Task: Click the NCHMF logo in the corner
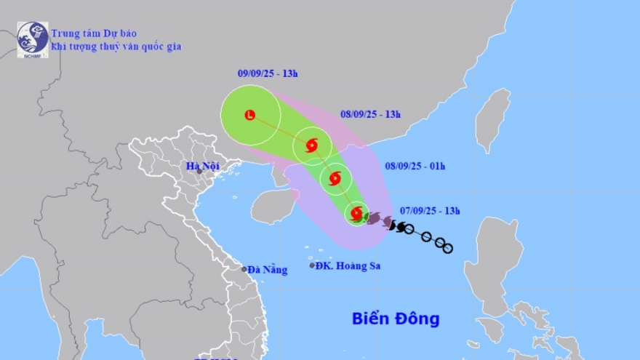click(x=33, y=39)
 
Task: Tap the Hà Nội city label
click(x=203, y=167)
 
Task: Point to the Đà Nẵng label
click(x=268, y=270)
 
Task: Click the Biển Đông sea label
click(x=396, y=319)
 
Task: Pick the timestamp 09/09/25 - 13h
click(x=268, y=73)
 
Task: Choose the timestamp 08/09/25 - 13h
click(x=370, y=114)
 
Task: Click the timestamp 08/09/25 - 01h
click(x=415, y=166)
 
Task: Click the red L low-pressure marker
click(x=250, y=115)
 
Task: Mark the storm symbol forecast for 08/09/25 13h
click(x=311, y=145)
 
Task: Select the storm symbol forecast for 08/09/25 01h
click(x=335, y=177)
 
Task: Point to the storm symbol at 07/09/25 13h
click(x=356, y=213)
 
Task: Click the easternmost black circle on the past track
click(x=448, y=249)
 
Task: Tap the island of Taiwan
click(x=492, y=121)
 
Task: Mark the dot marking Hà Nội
click(x=199, y=171)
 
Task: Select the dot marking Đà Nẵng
click(x=244, y=269)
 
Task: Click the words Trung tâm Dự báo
click(x=94, y=33)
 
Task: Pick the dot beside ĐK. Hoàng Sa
click(x=312, y=265)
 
